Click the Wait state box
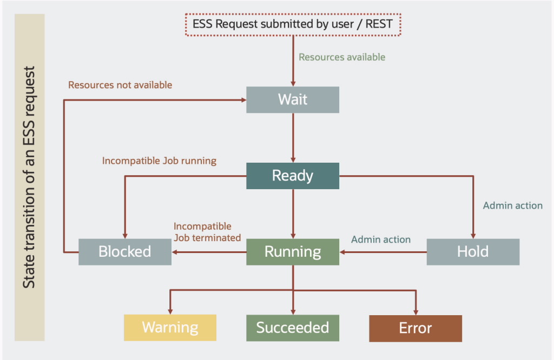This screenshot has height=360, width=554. [x=292, y=99]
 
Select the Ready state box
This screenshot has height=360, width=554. [x=292, y=176]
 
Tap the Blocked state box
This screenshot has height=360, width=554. [x=124, y=252]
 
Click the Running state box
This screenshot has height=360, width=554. [x=292, y=252]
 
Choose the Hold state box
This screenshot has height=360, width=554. [x=472, y=252]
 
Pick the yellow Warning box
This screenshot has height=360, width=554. [x=170, y=328]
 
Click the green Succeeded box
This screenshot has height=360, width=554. [x=292, y=328]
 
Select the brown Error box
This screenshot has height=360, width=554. [x=415, y=328]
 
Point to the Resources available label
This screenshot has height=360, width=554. [x=342, y=57]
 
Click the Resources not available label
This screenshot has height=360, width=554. [x=120, y=85]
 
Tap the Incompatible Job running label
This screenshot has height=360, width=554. [x=159, y=161]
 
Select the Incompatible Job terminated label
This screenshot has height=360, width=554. [x=207, y=232]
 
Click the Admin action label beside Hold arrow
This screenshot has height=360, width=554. [x=512, y=205]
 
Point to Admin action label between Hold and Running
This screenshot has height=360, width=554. [x=381, y=239]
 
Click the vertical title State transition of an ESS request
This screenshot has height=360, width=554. [x=29, y=177]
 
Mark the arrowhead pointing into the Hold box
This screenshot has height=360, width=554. [x=473, y=235]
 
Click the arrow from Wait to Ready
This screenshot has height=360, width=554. [x=293, y=138]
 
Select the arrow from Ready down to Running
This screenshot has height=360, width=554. [x=293, y=214]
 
